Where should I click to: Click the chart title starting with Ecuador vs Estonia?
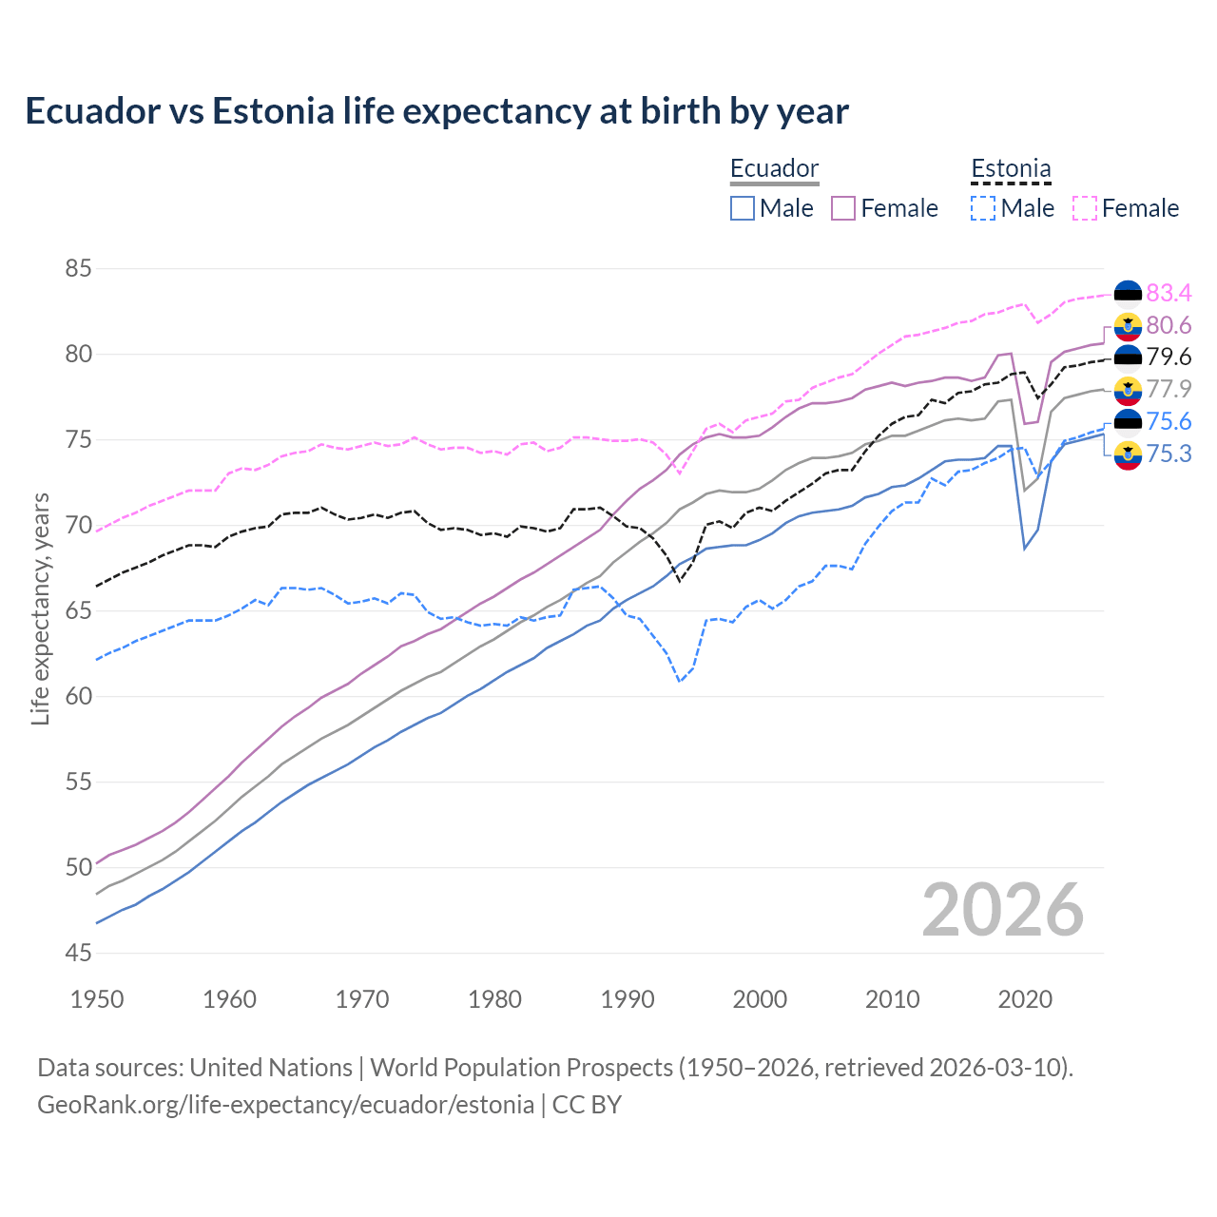436,111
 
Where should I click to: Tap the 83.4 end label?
1169,293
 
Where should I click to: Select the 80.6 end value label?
1169,326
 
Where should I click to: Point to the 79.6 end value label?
1169,357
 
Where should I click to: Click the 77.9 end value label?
1169,389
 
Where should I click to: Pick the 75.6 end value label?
1169,421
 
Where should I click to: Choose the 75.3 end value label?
1169,454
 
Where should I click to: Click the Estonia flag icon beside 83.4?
1128,294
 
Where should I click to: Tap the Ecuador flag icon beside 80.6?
1128,326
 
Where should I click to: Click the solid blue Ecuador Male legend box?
743,208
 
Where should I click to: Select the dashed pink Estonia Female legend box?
1085,208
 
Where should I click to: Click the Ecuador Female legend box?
843,208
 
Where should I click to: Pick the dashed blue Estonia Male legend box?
983,208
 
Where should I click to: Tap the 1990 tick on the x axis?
628,999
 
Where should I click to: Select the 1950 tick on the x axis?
97,999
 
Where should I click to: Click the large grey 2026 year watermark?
1003,910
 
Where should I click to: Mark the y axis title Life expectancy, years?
41,608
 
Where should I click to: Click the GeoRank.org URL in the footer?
285,1105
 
